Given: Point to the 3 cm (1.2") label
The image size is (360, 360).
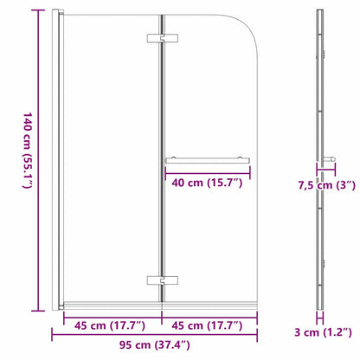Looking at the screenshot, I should tap(321, 332).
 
